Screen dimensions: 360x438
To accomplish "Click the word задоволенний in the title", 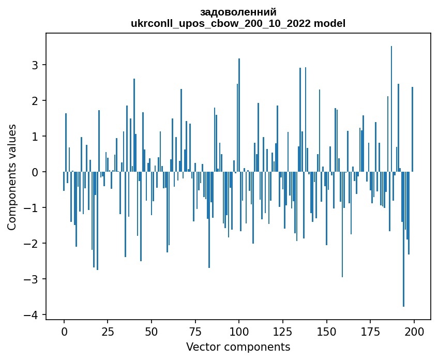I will (x=238, y=12).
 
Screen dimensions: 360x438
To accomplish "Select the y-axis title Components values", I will (x=12, y=177).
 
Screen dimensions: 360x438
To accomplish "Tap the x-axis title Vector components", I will (x=238, y=347).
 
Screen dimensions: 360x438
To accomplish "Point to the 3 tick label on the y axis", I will (x=35, y=65).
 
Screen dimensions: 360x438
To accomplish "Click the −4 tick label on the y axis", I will (x=32, y=315).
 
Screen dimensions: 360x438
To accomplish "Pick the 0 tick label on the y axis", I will (x=35, y=172).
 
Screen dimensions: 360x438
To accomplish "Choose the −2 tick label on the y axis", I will (x=32, y=243).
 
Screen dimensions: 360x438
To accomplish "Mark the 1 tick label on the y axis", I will (x=35, y=136).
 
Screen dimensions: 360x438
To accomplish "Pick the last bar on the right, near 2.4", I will (x=412, y=129).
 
